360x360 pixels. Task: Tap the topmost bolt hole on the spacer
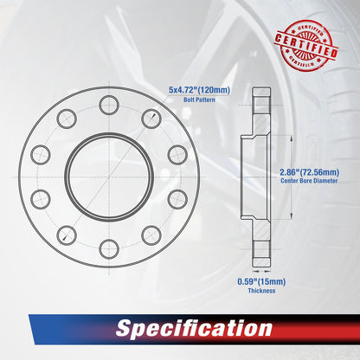107,106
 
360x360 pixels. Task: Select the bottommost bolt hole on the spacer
107,249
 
